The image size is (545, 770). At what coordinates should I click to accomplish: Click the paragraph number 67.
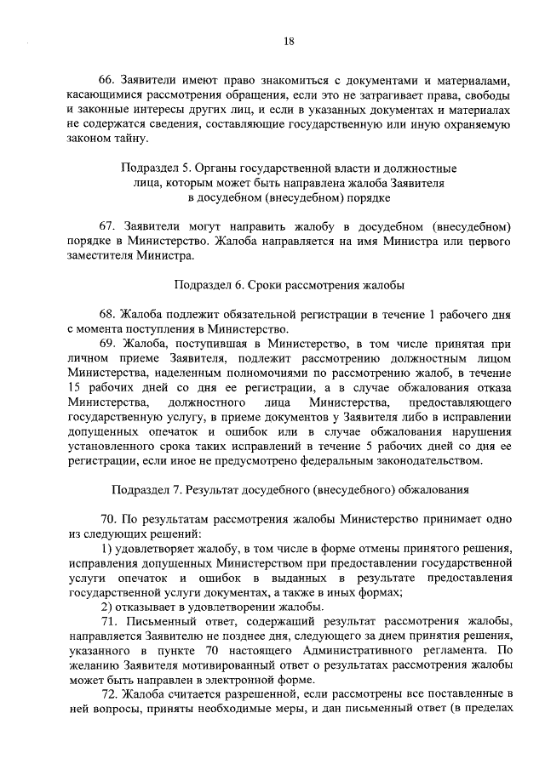click(x=107, y=226)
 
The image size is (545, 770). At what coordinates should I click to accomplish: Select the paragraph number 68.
click(x=107, y=315)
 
